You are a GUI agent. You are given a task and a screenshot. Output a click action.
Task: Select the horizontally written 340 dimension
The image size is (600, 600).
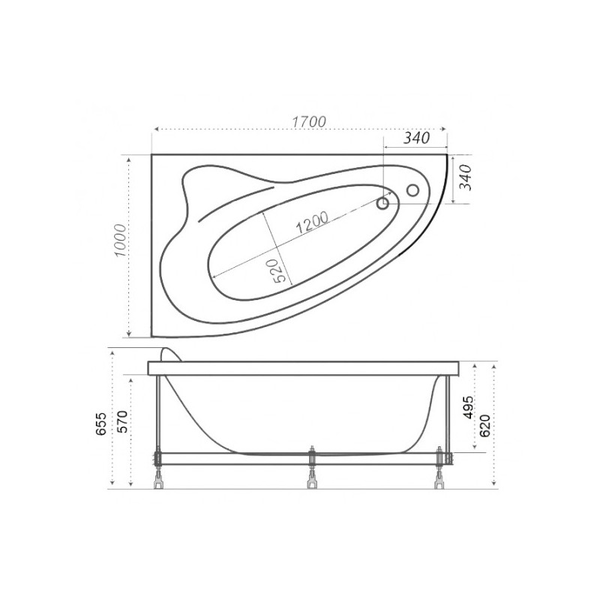416,139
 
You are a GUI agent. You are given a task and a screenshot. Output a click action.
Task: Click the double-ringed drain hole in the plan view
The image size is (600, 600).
383,202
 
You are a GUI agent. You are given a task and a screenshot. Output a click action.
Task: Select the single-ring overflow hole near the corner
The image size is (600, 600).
412,190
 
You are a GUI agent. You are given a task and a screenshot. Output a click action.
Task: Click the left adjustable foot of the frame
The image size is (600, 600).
158,478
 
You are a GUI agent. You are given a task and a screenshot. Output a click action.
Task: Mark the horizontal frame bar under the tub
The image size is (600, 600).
300,457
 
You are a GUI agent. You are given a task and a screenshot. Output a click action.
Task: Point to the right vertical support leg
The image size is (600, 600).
448,412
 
